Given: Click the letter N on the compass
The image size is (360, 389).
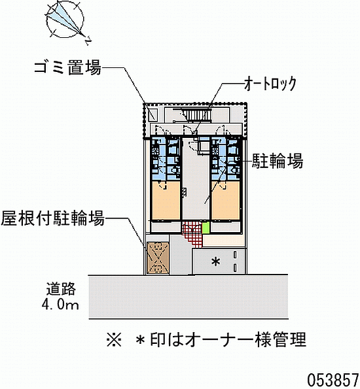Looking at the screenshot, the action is [88, 41].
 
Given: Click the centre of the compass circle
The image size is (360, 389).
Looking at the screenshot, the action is [65, 20].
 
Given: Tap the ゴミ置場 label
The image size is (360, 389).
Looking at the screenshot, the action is [68, 67].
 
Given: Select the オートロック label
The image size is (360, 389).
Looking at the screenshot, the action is [270, 84].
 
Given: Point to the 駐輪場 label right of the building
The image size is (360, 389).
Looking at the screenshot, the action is [278, 161].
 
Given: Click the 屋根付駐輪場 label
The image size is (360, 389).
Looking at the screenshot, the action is [52, 218].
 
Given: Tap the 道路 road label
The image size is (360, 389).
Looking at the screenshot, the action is [61, 289].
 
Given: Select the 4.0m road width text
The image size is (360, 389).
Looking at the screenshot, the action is [60, 305].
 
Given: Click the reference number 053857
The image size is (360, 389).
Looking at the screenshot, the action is [333, 379].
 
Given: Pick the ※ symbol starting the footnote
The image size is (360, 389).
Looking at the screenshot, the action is [114, 339].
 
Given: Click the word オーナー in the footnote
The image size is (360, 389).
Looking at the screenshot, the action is [219, 339].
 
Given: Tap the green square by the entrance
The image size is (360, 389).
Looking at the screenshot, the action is [206, 228].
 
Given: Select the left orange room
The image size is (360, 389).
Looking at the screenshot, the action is [166, 201].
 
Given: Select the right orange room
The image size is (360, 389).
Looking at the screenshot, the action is [225, 201].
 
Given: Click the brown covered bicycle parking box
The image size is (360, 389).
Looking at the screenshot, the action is [158, 258].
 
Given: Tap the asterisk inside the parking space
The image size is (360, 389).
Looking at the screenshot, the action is [215, 262].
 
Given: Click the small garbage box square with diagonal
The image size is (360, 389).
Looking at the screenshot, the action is [153, 114].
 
